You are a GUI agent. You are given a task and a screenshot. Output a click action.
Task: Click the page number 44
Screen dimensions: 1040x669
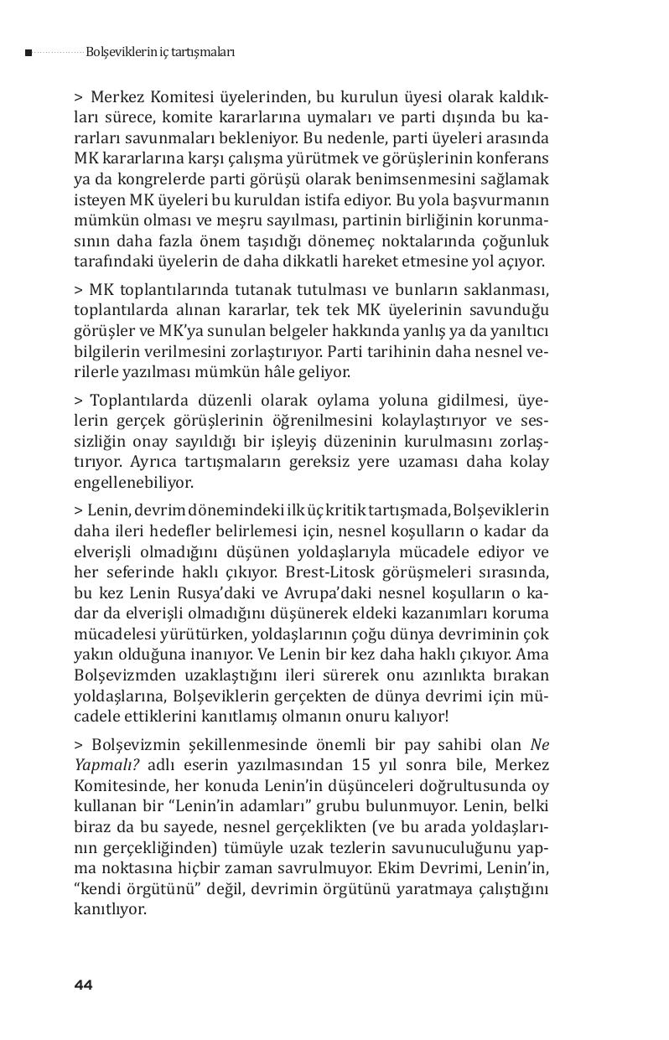tap(82, 985)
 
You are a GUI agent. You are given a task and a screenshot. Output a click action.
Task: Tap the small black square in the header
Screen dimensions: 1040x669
tap(28, 53)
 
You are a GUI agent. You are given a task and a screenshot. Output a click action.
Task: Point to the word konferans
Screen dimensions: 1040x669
tap(515, 158)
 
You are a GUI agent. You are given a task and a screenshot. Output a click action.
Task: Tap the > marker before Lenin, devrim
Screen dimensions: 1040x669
tap(79, 510)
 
